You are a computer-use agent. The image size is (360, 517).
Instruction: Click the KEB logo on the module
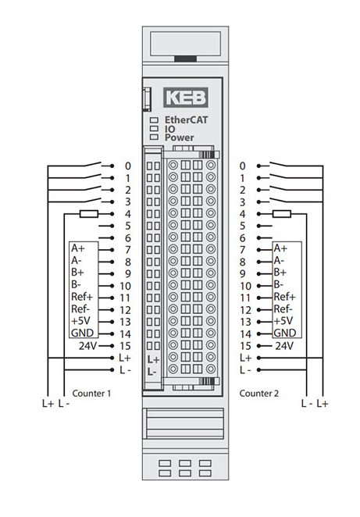[186, 98]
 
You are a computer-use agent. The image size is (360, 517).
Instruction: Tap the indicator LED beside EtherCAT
[155, 120]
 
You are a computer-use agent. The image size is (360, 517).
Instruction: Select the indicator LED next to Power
[155, 137]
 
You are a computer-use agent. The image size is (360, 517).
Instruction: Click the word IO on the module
[170, 129]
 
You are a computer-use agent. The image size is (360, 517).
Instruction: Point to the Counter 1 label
[91, 393]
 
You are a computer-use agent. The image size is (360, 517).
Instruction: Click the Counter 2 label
[258, 393]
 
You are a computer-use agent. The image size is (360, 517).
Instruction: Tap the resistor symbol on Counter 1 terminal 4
[89, 214]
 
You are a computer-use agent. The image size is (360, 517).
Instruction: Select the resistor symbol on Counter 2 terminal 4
[282, 214]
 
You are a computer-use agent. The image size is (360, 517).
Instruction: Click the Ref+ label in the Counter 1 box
[82, 297]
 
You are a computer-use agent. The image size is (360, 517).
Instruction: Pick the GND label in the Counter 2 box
[285, 333]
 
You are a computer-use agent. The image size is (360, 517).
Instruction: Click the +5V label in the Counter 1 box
[80, 321]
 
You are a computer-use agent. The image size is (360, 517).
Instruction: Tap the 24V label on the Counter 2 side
[284, 346]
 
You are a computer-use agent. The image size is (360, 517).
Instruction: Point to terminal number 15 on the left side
[125, 346]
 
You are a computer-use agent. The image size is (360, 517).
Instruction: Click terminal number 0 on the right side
[242, 166]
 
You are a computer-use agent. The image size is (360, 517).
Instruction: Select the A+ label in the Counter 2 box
[280, 248]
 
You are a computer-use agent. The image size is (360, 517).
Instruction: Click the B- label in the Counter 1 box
[77, 284]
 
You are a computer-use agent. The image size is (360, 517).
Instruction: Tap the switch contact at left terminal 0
[94, 164]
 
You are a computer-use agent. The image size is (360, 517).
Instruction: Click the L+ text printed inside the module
[153, 359]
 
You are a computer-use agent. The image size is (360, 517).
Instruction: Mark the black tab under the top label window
[185, 59]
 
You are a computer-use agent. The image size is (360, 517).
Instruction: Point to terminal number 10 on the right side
[246, 286]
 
